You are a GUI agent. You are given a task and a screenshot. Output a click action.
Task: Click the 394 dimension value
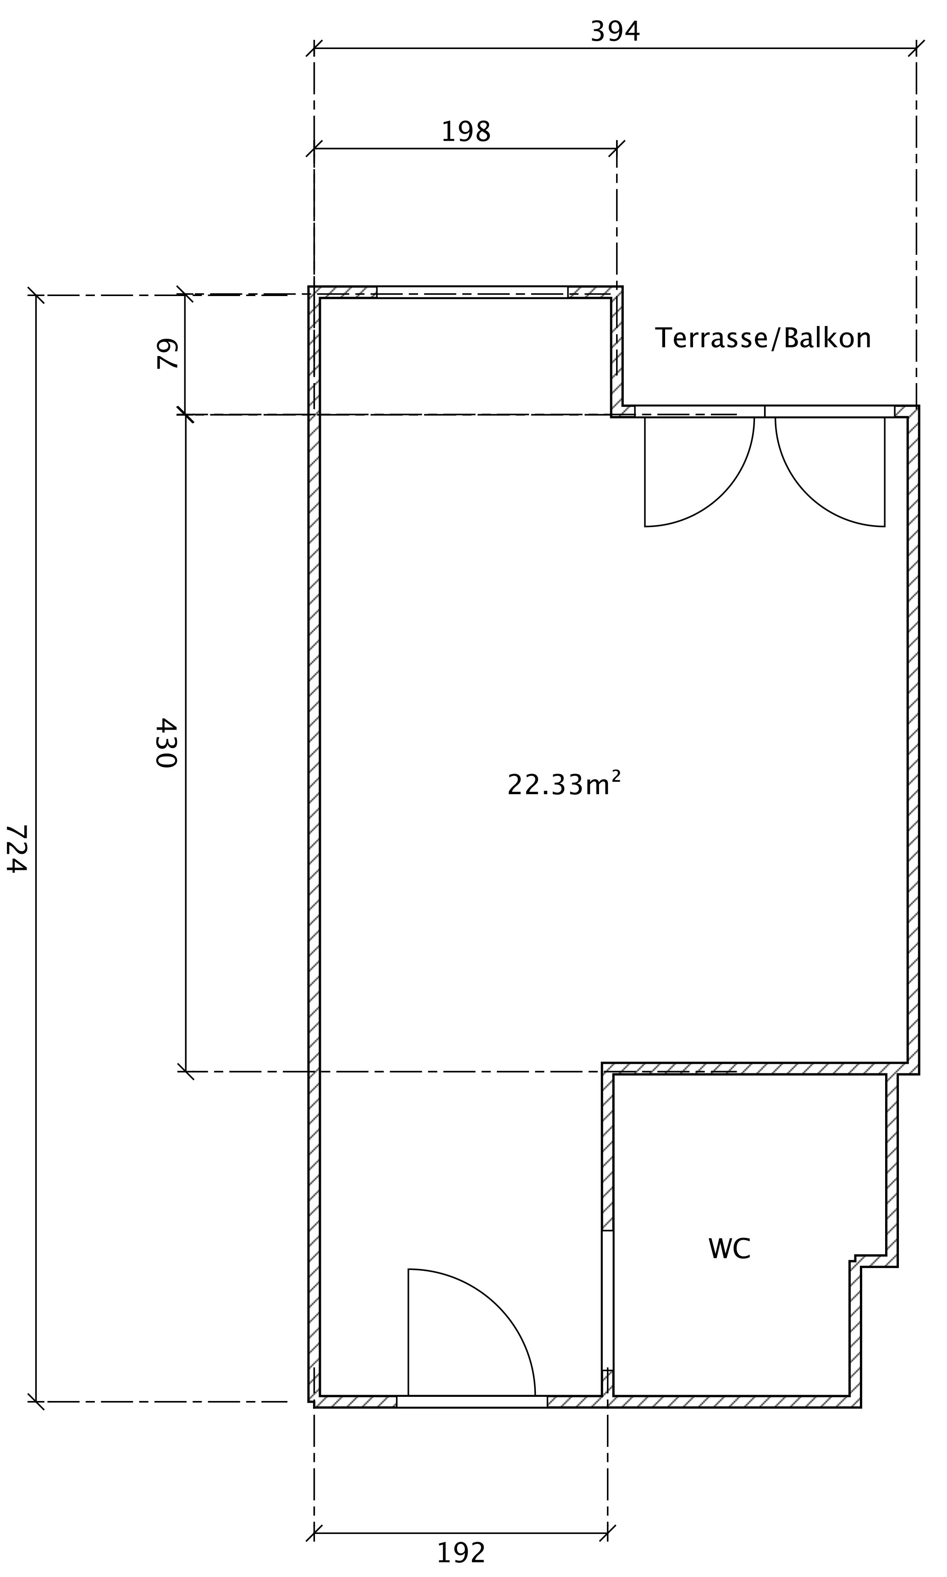tap(615, 31)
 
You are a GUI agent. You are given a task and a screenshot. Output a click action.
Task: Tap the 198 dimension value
tap(466, 132)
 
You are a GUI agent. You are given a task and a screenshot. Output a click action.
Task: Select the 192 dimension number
tap(461, 1566)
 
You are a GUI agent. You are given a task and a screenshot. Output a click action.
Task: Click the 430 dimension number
tap(166, 743)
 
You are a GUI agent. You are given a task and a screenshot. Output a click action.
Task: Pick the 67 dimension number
tap(166, 354)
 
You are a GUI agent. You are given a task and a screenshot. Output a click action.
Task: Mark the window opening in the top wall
tap(472, 292)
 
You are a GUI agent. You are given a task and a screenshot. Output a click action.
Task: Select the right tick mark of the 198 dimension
tap(617, 148)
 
